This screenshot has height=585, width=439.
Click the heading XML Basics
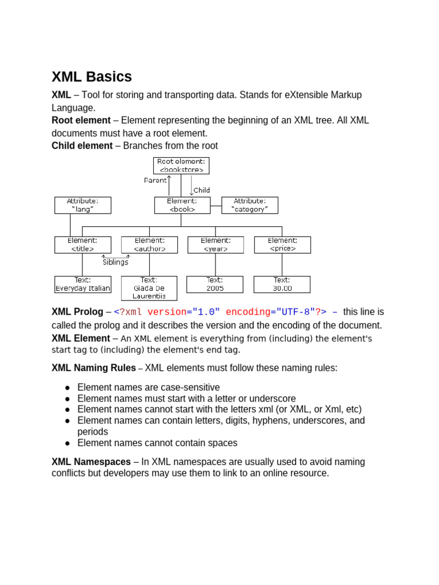[x=91, y=77]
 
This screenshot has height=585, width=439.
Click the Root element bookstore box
[x=181, y=166]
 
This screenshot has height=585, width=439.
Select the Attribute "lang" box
[x=83, y=205]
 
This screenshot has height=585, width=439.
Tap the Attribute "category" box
[x=250, y=205]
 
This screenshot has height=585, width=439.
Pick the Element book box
[x=182, y=205]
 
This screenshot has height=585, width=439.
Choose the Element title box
[x=83, y=245]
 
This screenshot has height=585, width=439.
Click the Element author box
[x=150, y=245]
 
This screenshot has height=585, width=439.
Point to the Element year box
[x=215, y=245]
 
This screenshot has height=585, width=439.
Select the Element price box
[x=282, y=245]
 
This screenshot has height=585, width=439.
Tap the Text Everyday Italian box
[x=83, y=285]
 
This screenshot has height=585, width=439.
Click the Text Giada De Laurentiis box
[x=149, y=288]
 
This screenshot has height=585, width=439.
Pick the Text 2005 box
[x=215, y=285]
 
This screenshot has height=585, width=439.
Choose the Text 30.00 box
[x=282, y=285]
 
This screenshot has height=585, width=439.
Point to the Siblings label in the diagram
[x=115, y=262]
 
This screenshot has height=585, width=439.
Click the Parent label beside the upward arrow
[x=155, y=181]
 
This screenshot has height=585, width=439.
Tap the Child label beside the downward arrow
[x=202, y=190]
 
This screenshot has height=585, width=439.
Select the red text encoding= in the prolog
[x=247, y=312]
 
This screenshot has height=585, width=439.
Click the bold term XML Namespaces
[x=91, y=462]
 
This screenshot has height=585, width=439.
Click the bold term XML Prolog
[x=77, y=312]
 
